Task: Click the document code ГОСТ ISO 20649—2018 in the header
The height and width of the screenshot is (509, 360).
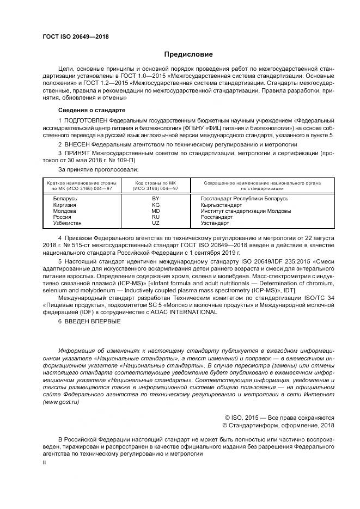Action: [x=75, y=36]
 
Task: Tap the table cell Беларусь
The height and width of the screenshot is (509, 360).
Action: [x=65, y=199]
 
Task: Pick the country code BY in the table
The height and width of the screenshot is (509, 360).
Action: [x=156, y=199]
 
